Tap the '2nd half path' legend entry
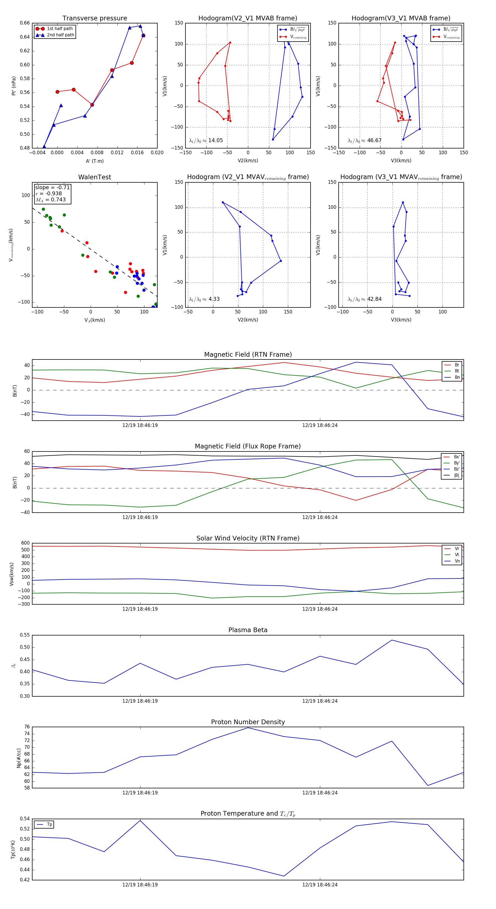click(x=60, y=35)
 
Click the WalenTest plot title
click(x=95, y=177)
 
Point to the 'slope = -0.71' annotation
click(x=52, y=187)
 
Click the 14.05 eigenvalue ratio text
click(x=215, y=140)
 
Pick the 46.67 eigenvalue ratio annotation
click(x=374, y=140)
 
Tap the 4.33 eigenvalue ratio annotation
click(x=214, y=299)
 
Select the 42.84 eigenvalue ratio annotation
click(x=374, y=299)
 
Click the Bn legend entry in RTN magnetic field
click(x=457, y=377)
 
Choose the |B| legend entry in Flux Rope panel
click(x=457, y=475)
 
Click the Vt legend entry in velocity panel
click(x=457, y=555)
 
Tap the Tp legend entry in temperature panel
click(x=49, y=824)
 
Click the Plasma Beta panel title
click(x=248, y=630)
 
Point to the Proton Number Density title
click(x=248, y=722)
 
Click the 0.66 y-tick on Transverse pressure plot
click(x=25, y=23)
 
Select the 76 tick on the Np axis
click(x=27, y=727)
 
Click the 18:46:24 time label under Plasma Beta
click(x=319, y=701)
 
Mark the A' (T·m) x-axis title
click(x=95, y=161)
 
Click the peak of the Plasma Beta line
click(x=392, y=640)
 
